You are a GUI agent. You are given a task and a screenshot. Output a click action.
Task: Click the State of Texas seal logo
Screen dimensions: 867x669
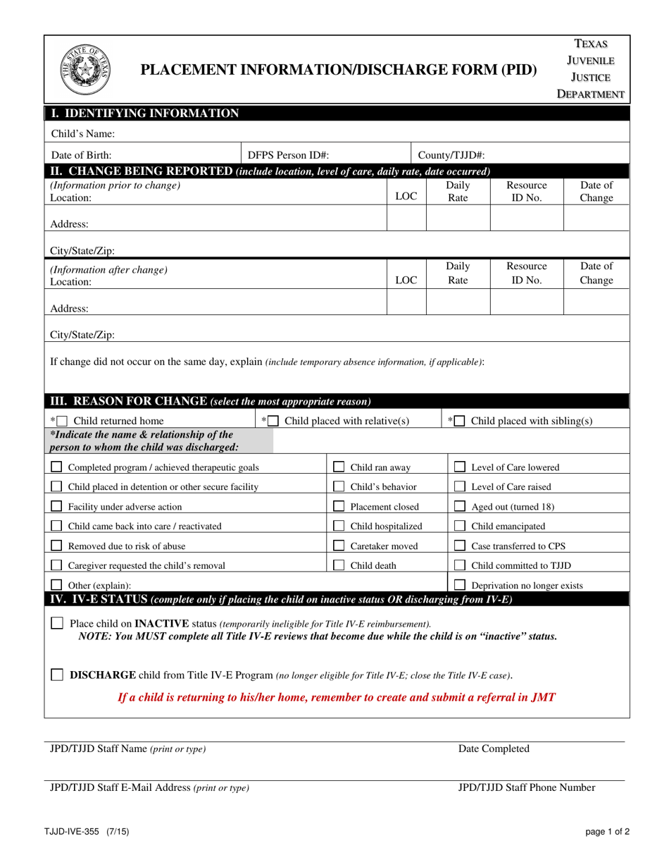coord(85,70)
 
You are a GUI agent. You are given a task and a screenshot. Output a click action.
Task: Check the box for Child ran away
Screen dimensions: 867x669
coord(339,467)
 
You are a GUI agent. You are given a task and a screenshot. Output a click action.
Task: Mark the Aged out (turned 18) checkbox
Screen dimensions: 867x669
coord(459,506)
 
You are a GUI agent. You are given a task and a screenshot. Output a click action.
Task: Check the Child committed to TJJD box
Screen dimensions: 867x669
coord(459,565)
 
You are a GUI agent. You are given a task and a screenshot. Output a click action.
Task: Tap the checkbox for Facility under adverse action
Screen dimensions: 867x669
coord(57,506)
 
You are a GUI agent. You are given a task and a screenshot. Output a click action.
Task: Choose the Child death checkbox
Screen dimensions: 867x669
coord(339,565)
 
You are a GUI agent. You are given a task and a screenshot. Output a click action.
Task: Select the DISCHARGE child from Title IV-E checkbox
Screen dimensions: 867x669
coord(57,675)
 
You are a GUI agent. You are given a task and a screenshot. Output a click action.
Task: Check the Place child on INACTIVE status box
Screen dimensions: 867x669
coord(57,623)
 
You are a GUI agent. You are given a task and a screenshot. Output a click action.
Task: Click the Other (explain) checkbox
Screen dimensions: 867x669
coord(57,584)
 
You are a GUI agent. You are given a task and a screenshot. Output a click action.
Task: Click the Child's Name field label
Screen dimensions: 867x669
coord(82,133)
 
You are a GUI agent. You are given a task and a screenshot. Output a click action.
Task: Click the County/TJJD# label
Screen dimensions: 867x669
coord(451,155)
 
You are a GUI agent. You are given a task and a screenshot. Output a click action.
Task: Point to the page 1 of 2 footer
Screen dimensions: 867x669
coord(608,832)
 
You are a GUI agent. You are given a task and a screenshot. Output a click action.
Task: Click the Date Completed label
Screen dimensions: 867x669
coord(494,749)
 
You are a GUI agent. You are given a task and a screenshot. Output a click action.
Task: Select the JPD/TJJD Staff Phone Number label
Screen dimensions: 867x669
coord(526,787)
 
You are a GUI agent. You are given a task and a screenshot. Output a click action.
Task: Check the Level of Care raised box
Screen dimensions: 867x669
coord(459,486)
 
